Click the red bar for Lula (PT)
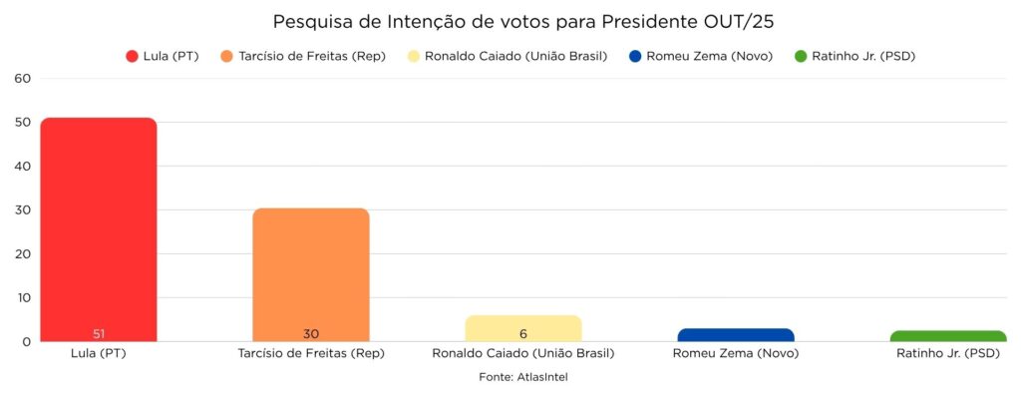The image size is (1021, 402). point(99,229)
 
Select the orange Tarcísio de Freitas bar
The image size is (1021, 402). point(311,274)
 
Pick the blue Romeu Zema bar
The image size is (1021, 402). point(736,334)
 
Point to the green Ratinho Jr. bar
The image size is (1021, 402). point(948,336)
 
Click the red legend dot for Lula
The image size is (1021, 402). point(132,56)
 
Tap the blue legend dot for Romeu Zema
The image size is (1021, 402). point(636,56)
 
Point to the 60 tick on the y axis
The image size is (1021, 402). point(23,78)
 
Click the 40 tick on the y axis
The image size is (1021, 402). point(23,166)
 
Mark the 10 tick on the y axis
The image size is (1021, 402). point(23,297)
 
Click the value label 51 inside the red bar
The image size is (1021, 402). point(99,333)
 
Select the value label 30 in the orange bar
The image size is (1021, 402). point(311,333)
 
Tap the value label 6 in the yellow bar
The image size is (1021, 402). point(523,333)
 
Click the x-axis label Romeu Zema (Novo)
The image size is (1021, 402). point(736,353)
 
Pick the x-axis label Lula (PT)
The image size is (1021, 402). point(99,353)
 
